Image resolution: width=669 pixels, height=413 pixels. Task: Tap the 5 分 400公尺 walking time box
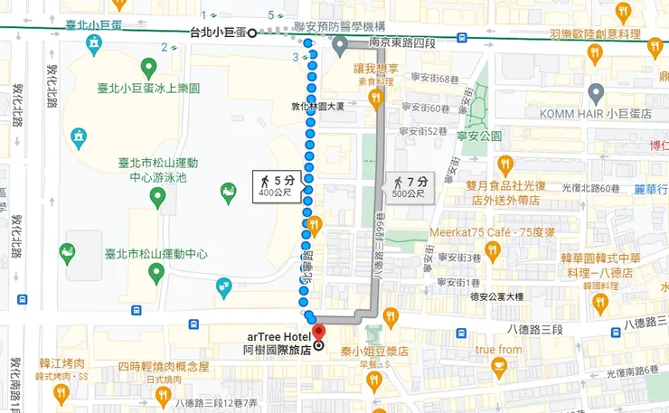point(277,186)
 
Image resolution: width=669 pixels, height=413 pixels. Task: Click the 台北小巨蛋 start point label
point(216,33)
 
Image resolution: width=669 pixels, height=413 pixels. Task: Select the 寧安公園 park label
point(479,136)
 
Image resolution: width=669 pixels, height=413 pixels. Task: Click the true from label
point(498,350)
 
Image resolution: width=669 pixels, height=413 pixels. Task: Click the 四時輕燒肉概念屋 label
point(163,367)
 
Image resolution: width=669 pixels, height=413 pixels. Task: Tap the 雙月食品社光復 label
point(507,186)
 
